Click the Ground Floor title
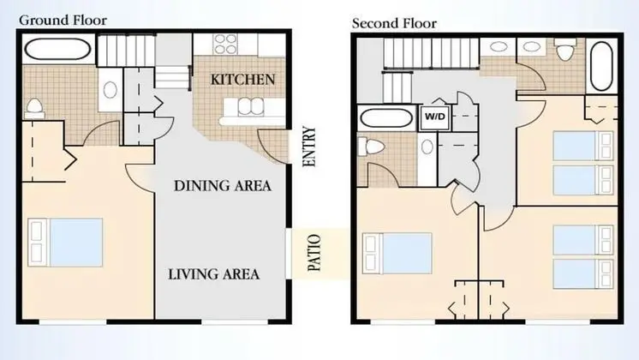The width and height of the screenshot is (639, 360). pos(63,20)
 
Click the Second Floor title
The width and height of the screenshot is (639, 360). pos(394,23)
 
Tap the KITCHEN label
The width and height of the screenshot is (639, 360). pos(243,79)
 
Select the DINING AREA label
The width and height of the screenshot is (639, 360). pos(223,186)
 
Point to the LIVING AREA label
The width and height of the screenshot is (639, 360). pos(214,274)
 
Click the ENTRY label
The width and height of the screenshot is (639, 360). pos(310,147)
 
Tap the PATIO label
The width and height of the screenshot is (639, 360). pos(314,253)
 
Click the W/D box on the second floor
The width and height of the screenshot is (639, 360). pos(435,117)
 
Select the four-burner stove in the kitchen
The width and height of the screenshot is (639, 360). pos(226,44)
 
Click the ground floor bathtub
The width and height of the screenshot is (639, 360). pos(57,50)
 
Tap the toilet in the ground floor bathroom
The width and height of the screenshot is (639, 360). pos(34,108)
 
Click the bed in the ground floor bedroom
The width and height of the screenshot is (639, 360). pos(65,243)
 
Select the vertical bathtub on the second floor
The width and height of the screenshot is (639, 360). pos(601,65)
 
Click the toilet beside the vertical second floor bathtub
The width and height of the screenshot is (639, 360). pos(565,49)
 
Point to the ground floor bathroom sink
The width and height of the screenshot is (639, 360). pos(110,90)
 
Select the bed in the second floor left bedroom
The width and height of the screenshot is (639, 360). pos(397,253)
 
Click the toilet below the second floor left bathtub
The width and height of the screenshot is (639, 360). pos(371,147)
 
